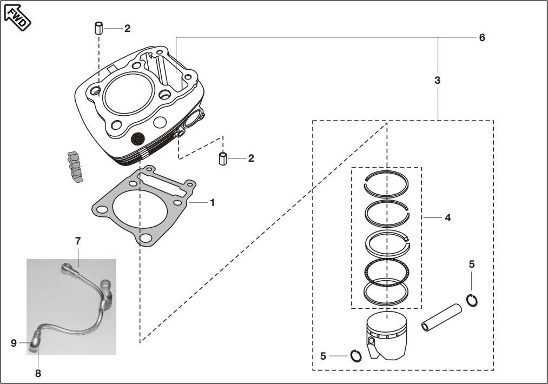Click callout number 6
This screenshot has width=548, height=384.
[x=481, y=37]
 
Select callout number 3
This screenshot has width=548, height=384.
[x=437, y=80]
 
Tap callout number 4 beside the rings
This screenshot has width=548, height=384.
[x=447, y=217]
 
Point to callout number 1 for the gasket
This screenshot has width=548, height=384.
[x=212, y=202]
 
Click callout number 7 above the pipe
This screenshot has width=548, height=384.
[x=78, y=240]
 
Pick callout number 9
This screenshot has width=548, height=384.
[x=14, y=342]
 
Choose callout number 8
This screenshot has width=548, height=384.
[x=38, y=373]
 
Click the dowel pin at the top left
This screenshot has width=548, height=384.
[x=99, y=28]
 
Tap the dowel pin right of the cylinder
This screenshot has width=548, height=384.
[x=222, y=159]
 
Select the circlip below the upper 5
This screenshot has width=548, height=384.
[x=472, y=300]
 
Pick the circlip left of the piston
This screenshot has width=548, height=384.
[x=356, y=356]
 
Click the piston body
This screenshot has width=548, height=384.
[x=387, y=335]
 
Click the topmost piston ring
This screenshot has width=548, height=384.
[x=386, y=184]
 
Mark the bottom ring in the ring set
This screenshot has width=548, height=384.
[x=386, y=292]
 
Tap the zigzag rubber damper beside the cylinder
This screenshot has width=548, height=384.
[x=73, y=167]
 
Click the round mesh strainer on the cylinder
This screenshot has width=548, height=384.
[x=138, y=138]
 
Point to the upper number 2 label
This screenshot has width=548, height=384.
[x=127, y=29]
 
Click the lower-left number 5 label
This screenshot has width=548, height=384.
[x=323, y=356]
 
